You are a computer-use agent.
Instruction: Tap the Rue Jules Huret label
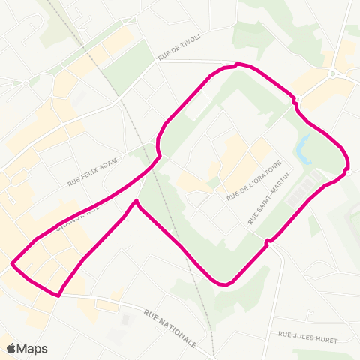[x=307, y=337]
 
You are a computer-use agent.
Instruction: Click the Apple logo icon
[x=12, y=348]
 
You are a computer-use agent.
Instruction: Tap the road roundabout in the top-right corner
[x=331, y=73]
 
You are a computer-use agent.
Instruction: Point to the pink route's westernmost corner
[x=13, y=263]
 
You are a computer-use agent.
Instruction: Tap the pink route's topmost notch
[x=237, y=64]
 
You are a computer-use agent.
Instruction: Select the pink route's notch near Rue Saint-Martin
[x=267, y=241]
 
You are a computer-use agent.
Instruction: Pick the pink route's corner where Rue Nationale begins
[x=57, y=295]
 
